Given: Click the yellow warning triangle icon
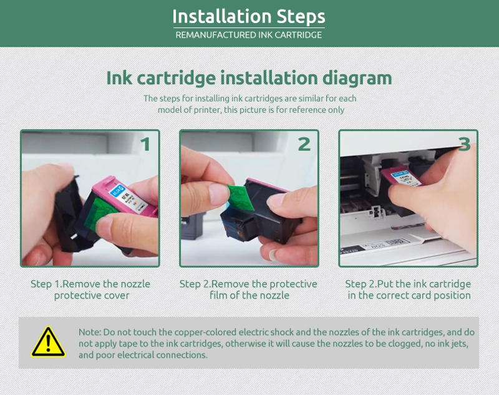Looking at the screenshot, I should click(x=48, y=342).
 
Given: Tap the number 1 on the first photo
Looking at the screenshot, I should click(x=145, y=145).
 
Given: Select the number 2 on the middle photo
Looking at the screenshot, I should click(x=304, y=145).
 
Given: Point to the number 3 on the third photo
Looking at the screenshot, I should click(x=464, y=144).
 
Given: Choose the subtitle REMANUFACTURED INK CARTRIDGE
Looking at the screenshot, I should click(x=249, y=35).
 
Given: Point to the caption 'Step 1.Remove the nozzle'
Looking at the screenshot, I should click(x=90, y=284).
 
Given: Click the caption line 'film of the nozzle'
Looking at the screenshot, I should click(x=249, y=295).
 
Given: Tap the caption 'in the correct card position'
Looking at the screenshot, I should click(x=409, y=295).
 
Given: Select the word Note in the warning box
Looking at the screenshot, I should click(x=89, y=332).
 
